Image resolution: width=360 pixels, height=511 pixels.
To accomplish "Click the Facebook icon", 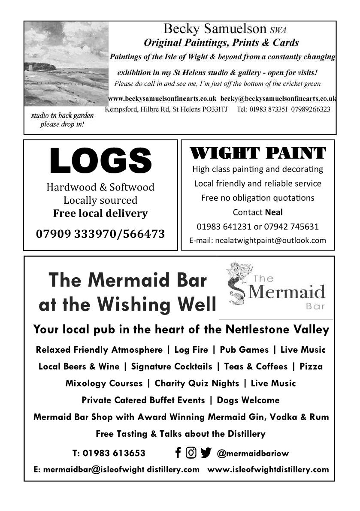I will click(x=178, y=453).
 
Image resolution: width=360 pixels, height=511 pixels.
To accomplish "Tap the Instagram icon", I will click(x=191, y=453).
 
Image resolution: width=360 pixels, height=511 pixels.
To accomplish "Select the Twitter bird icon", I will click(x=206, y=453).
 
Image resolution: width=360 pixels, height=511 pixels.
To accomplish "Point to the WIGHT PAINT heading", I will click(x=257, y=153).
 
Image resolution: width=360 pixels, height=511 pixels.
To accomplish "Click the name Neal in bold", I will click(x=274, y=212).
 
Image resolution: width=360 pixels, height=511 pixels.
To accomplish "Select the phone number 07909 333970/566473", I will click(x=100, y=234).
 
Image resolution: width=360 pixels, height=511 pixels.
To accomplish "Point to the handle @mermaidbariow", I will click(x=253, y=453).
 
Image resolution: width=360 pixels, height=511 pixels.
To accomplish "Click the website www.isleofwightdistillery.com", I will click(x=268, y=469).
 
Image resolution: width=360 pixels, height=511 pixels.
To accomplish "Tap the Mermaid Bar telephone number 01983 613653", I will click(x=114, y=453).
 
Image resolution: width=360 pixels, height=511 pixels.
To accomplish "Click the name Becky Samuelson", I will click(x=215, y=29).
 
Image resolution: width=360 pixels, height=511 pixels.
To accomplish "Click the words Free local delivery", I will click(x=100, y=213).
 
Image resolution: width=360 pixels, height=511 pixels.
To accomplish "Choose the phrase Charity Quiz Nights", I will click(x=197, y=383).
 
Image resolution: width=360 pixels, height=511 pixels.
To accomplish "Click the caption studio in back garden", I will click(x=62, y=116).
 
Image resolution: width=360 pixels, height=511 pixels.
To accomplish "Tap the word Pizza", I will click(x=311, y=366).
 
